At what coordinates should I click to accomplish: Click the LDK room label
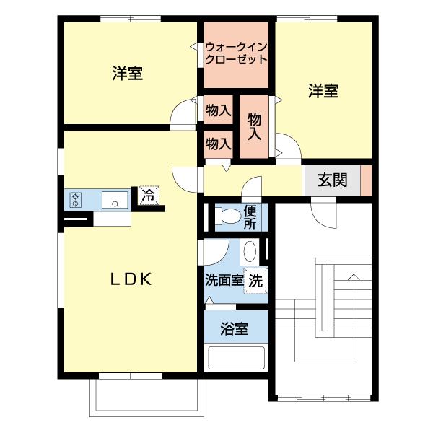click(131, 279)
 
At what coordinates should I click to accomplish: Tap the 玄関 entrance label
click(332, 180)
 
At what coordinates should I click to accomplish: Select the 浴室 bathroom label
click(234, 328)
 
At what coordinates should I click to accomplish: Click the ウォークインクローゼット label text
click(237, 53)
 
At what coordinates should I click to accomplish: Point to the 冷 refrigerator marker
click(149, 196)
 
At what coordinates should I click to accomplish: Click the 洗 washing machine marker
click(255, 281)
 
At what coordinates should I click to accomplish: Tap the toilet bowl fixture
click(227, 216)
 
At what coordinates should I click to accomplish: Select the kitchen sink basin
click(115, 200)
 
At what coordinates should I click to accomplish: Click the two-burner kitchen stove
click(75, 200)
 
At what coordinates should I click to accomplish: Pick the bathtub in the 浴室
click(236, 358)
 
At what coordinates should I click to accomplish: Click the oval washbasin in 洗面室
click(250, 252)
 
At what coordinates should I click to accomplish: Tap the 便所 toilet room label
click(250, 217)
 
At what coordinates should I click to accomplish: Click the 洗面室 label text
click(224, 281)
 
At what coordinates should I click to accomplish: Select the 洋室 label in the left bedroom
click(128, 73)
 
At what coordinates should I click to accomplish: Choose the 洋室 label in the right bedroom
click(323, 91)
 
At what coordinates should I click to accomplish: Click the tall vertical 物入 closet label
click(254, 126)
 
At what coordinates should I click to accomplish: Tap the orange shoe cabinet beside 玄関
click(366, 180)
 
